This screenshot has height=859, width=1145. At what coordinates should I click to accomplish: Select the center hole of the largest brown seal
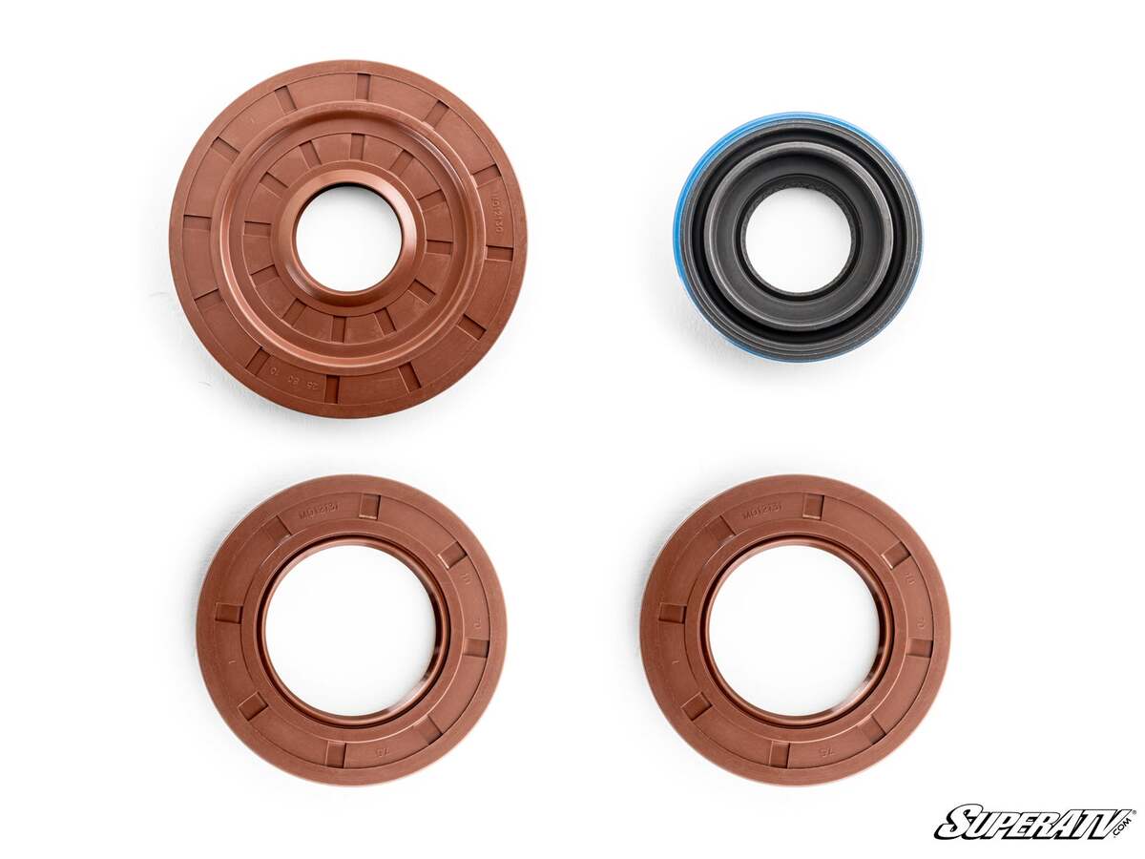pyautogui.click(x=347, y=239)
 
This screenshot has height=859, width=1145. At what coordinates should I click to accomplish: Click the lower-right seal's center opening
pyautogui.click(x=795, y=630)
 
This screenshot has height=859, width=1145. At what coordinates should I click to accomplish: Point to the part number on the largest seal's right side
pyautogui.click(x=495, y=214)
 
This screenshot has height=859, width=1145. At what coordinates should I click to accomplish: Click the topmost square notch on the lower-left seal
pyautogui.click(x=368, y=507)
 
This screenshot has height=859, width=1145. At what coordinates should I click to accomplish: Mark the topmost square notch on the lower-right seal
pyautogui.click(x=812, y=507)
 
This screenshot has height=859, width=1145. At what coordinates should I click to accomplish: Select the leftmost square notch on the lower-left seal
pyautogui.click(x=229, y=613)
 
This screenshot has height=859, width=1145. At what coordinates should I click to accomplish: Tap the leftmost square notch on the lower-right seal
pyautogui.click(x=672, y=613)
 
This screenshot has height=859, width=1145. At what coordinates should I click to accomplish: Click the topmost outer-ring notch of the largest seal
pyautogui.click(x=364, y=86)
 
